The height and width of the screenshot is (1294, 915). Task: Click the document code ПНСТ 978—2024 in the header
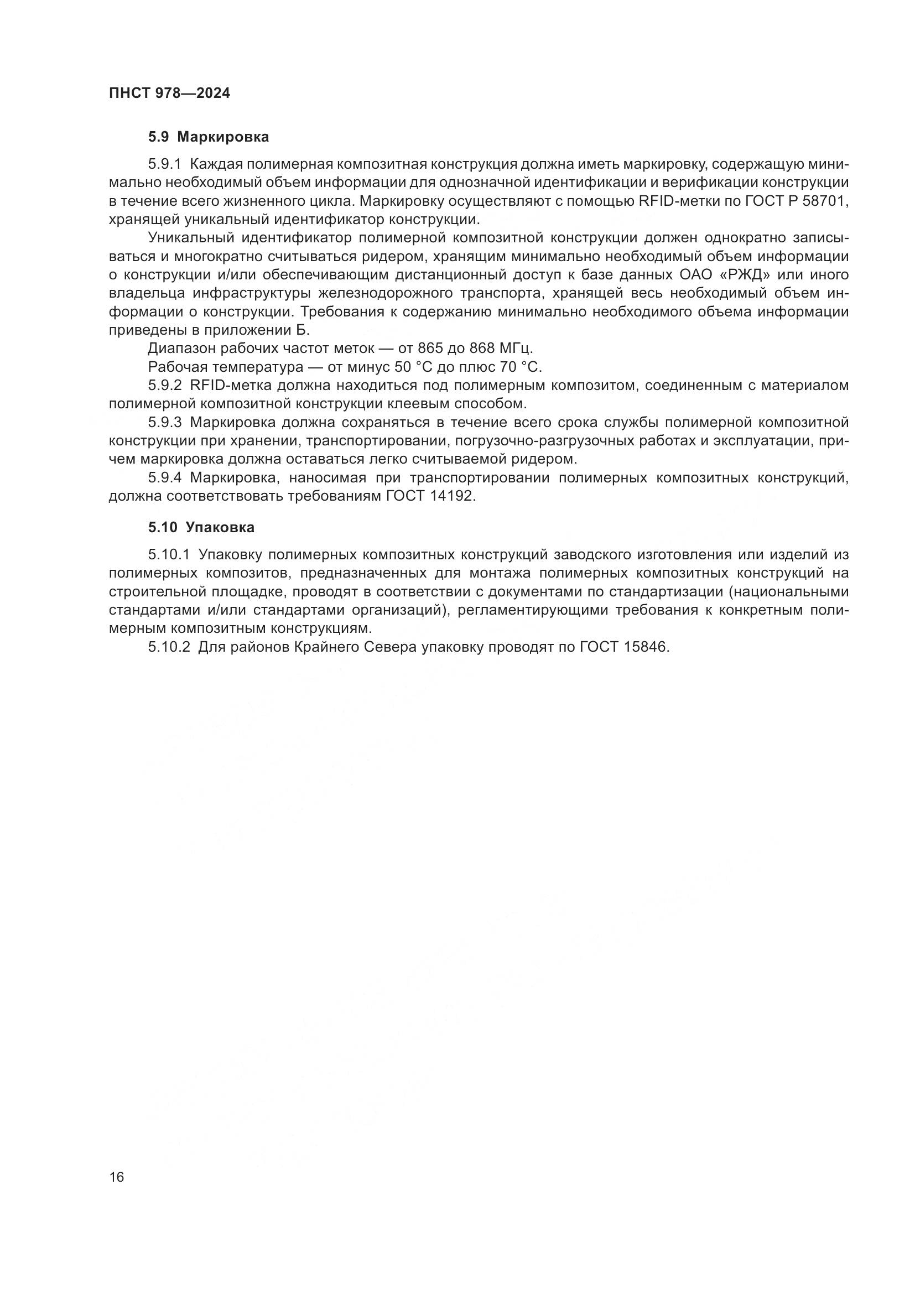click(x=169, y=93)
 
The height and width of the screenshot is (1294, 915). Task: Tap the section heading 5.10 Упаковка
click(x=201, y=528)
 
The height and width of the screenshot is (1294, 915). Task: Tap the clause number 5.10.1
click(x=169, y=554)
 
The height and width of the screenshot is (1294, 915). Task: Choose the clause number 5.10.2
click(x=169, y=647)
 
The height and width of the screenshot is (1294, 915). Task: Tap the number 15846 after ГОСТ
click(x=646, y=647)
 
